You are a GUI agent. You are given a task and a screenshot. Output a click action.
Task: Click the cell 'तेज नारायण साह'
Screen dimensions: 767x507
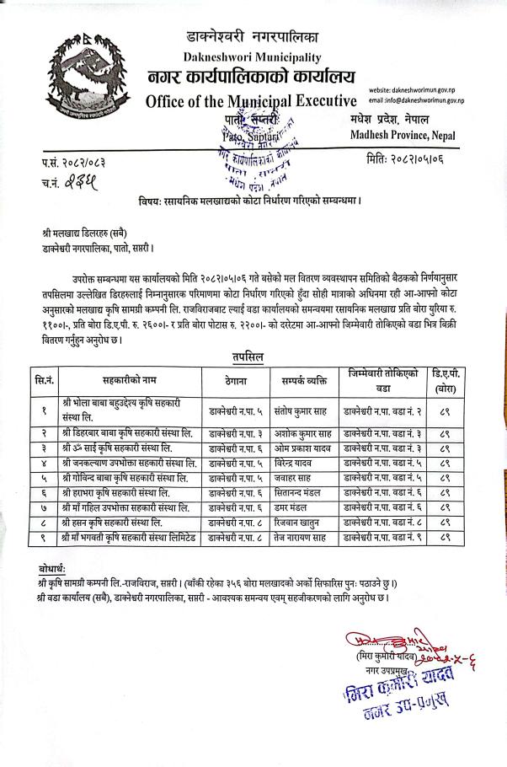coord(301,536)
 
